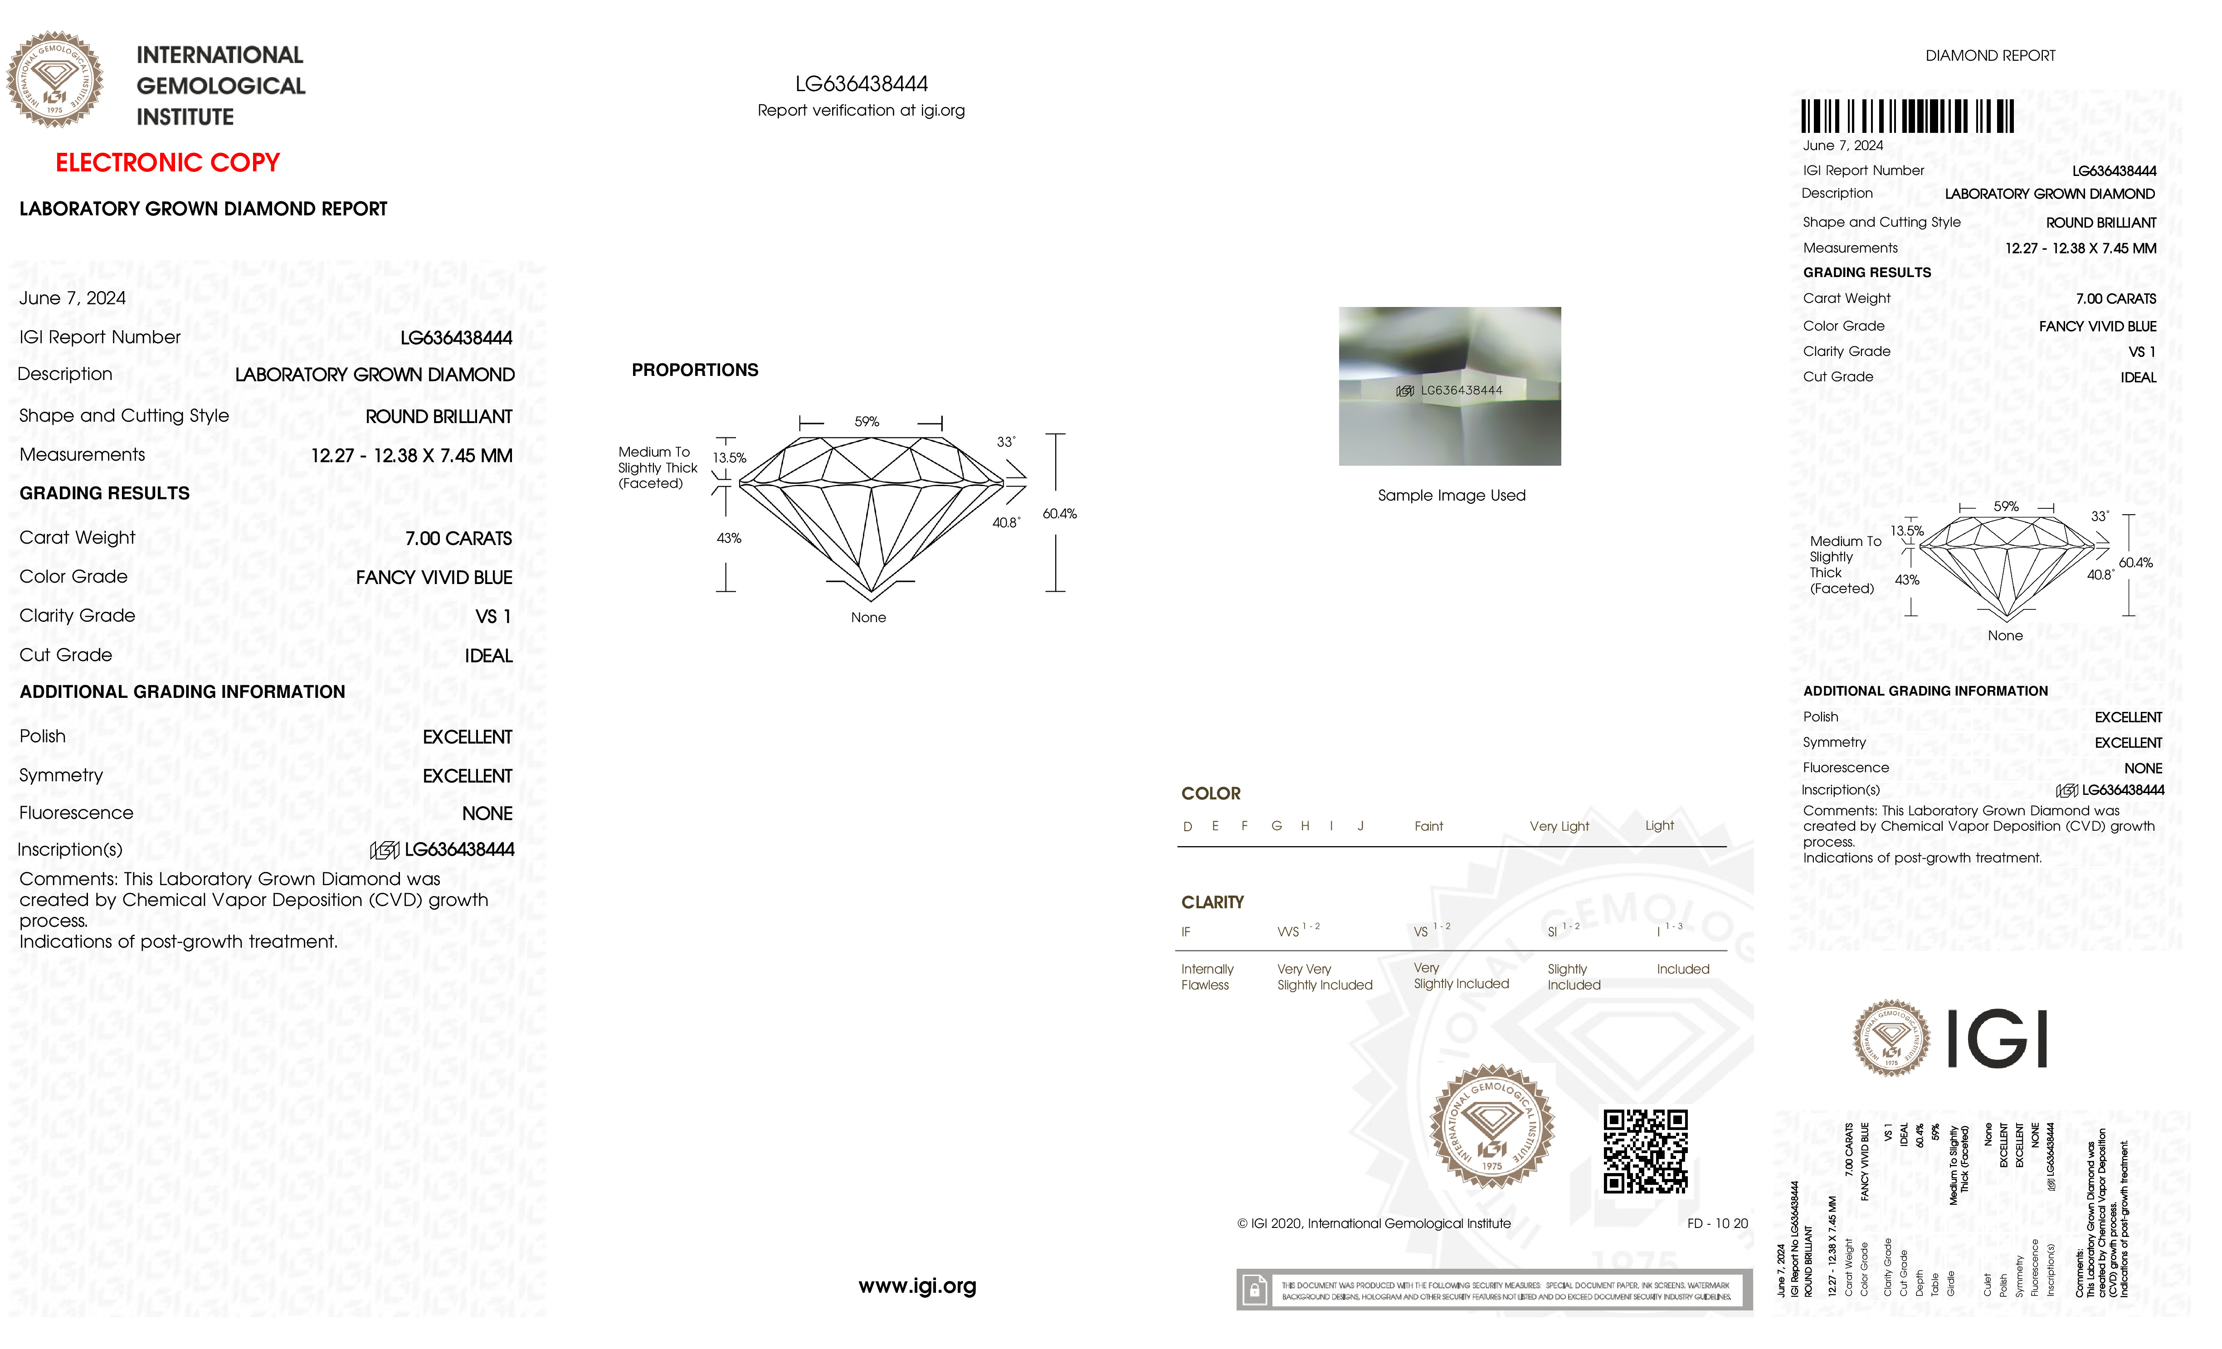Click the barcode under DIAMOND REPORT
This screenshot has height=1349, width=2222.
(x=1907, y=117)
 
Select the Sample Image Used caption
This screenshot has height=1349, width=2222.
(x=1451, y=495)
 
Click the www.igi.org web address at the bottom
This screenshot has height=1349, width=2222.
(x=917, y=1286)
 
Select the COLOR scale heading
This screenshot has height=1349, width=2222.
(x=1210, y=794)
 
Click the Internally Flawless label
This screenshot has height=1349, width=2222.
(x=1207, y=977)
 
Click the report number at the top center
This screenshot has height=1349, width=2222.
(x=861, y=84)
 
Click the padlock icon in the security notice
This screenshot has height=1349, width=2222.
(x=1253, y=1291)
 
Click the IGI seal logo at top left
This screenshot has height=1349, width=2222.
(x=55, y=79)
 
